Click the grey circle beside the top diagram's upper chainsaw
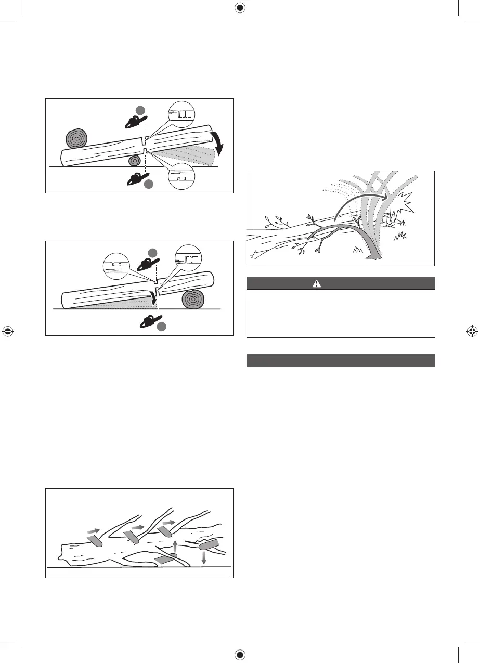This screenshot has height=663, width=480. point(140,109)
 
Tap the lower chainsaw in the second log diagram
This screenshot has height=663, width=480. point(151,321)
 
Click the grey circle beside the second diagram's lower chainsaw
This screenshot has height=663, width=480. point(162,327)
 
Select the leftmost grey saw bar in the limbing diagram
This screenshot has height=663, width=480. point(95,541)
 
